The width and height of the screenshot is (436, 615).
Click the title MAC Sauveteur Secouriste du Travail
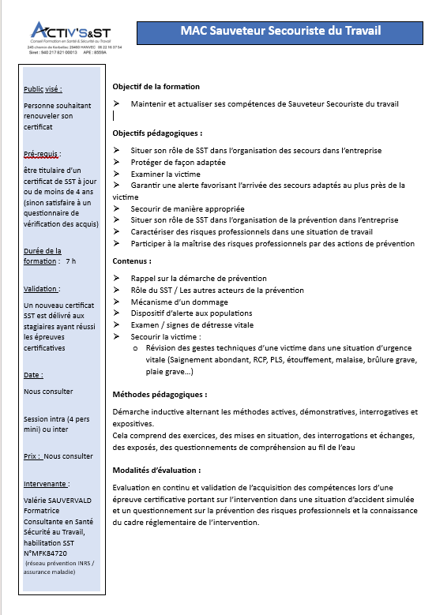280,31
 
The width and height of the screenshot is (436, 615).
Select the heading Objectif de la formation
156,86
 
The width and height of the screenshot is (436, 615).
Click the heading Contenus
132,261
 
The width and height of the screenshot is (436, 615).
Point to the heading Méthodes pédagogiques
160,394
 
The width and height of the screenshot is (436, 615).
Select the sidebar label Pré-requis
43,154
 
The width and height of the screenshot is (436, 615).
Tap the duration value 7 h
71,261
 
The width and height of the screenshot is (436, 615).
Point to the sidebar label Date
34,374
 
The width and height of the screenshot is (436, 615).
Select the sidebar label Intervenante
47,483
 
